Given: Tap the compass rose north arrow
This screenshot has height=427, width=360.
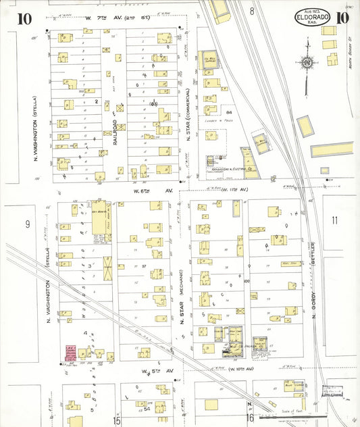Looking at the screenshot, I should point(307,61).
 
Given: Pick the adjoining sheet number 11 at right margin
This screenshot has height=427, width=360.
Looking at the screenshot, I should point(335,220).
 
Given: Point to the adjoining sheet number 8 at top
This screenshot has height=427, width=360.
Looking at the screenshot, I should point(251,11).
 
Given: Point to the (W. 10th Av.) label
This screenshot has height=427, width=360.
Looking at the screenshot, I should point(240,369).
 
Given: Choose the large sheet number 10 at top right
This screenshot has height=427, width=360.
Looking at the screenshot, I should point(342,18).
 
